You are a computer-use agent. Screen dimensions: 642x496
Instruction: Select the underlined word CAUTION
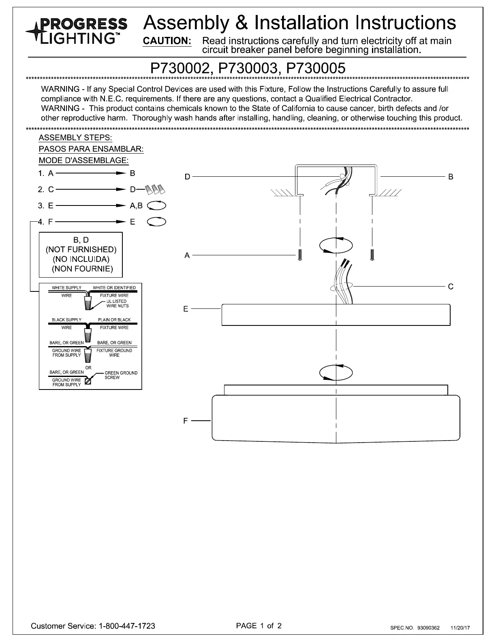tap(167, 41)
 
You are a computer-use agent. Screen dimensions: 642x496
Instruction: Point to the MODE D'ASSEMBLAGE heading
tap(83, 160)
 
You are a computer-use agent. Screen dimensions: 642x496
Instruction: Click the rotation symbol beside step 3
tap(156, 206)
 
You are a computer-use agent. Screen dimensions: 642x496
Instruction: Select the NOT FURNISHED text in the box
tap(81, 249)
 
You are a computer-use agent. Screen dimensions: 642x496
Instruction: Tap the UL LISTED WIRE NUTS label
tap(117, 304)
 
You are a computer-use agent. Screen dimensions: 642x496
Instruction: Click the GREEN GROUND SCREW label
tap(121, 375)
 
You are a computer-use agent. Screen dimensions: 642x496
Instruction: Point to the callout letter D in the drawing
tap(187, 177)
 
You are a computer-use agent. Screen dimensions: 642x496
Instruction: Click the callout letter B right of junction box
tap(451, 177)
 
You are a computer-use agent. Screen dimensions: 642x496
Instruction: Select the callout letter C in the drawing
tap(451, 287)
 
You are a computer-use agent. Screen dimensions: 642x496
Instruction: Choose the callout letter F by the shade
tap(186, 421)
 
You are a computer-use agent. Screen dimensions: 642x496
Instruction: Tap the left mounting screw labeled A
tap(299, 255)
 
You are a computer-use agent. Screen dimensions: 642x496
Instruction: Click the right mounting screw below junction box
tap(372, 255)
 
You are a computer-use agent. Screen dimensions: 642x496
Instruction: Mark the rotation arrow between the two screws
tap(336, 245)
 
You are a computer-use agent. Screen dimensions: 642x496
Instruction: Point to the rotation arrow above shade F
tap(336, 372)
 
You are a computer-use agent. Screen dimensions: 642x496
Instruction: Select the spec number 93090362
tap(428, 628)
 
